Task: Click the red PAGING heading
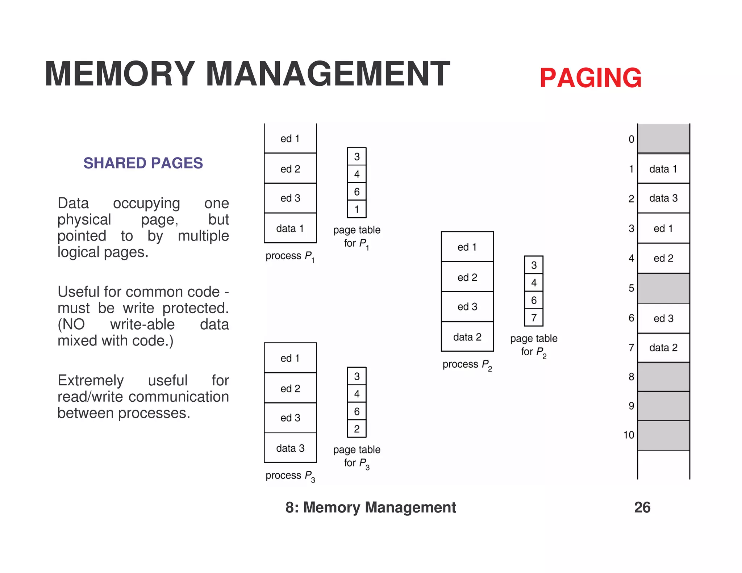coord(590,78)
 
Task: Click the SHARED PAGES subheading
coord(143,163)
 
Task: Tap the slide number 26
coord(642,507)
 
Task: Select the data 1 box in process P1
coord(290,228)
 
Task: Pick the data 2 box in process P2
coord(467,337)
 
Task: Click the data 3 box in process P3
coord(290,448)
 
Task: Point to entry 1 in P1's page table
coord(357,209)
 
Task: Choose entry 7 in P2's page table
coord(534,318)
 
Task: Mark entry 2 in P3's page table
coord(357,429)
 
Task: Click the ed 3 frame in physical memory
coord(663,318)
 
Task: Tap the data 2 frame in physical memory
coord(663,348)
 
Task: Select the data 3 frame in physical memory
coord(663,198)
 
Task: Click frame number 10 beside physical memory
coord(629,435)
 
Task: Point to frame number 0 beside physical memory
coord(631,139)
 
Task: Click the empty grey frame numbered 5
coord(663,288)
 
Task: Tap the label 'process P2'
coord(467,365)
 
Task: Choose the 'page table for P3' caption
coord(357,456)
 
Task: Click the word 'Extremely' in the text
coord(91,381)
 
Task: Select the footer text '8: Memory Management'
coord(370,507)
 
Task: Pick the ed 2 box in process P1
coord(290,169)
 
